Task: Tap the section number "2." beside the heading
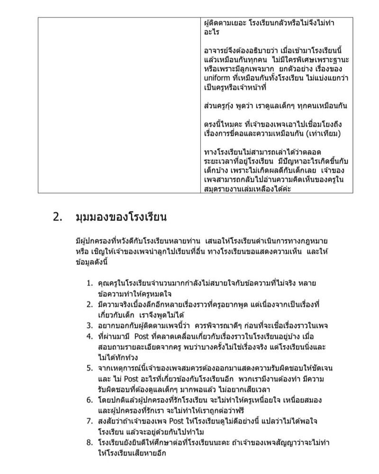(x=58, y=218)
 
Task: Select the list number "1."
(x=90, y=283)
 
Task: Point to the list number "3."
(x=90, y=325)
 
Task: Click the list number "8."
(x=90, y=442)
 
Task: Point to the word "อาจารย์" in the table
(x=216, y=51)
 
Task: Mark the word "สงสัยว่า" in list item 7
(x=110, y=420)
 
